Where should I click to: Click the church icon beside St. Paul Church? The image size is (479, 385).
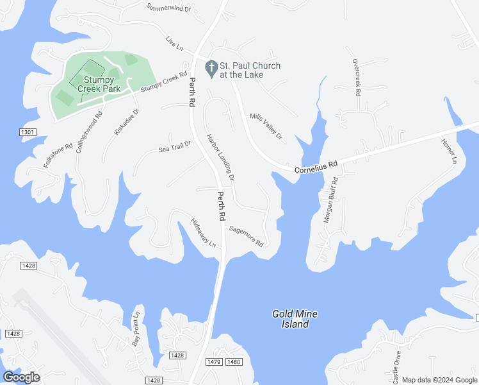[211, 67]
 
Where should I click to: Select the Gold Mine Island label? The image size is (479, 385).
[295, 319]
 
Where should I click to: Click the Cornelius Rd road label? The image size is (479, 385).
[316, 167]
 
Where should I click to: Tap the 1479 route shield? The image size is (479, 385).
[214, 363]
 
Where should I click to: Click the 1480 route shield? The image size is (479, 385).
[234, 363]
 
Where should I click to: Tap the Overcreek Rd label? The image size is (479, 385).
[356, 77]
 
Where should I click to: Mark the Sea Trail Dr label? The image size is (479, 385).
[175, 148]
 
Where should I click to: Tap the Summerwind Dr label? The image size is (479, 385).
[169, 8]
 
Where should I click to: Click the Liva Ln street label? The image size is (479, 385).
[174, 44]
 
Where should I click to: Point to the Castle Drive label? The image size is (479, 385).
[397, 366]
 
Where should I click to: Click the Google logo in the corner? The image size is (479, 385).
[21, 377]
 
